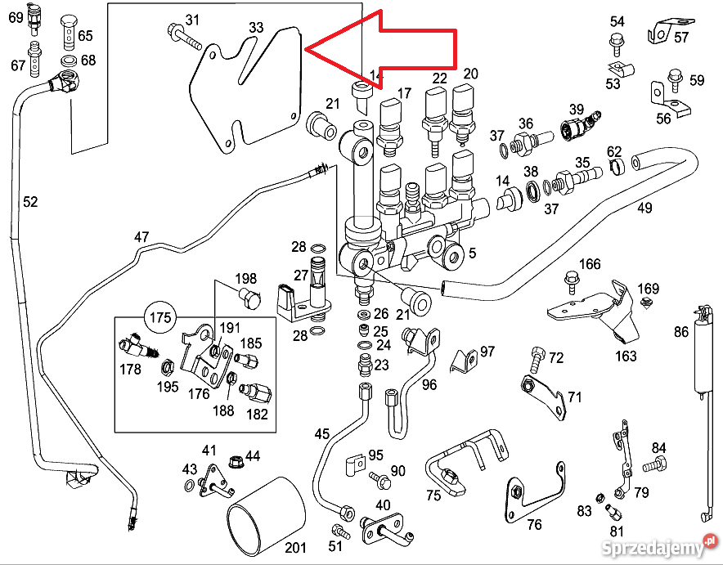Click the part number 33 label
coord(256,28)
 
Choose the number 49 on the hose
coord(644,208)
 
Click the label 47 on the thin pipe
coord(142,237)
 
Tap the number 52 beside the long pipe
coord(30,202)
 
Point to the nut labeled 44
coord(235,462)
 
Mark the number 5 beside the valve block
coord(472,253)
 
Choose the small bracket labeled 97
coord(466,360)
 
